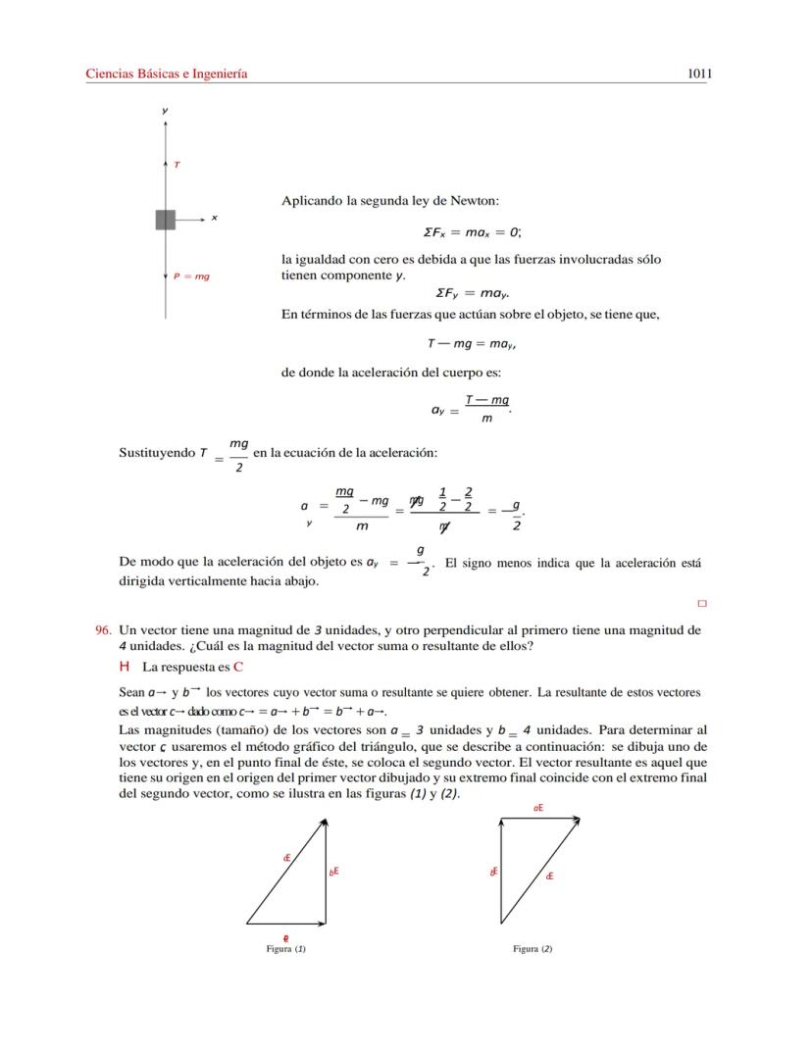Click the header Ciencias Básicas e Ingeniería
click(167, 74)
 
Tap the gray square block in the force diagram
click(165, 220)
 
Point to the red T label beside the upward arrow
click(177, 165)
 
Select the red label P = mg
click(192, 276)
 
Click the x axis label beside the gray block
click(214, 218)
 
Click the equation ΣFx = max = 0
click(472, 232)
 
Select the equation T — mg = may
click(472, 344)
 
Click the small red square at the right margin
click(701, 604)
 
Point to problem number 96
click(102, 630)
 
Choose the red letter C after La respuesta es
click(237, 667)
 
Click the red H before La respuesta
click(125, 667)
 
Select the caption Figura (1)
click(285, 949)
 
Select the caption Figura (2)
click(533, 949)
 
